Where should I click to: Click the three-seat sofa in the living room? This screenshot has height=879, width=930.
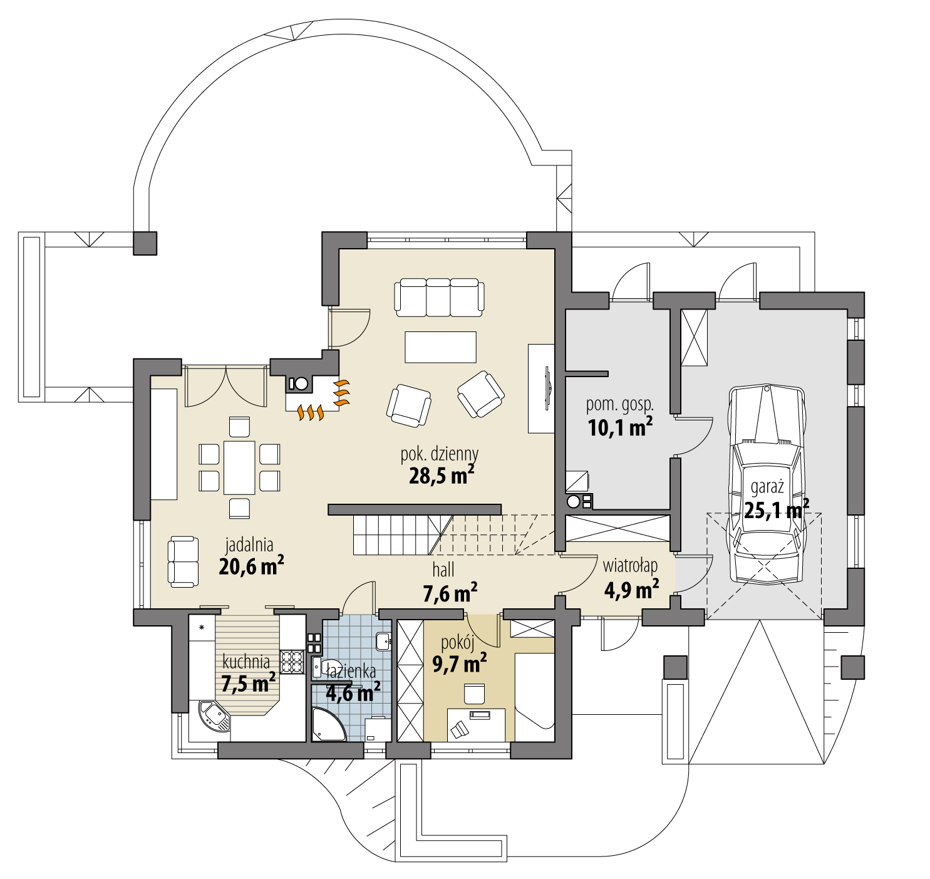439,297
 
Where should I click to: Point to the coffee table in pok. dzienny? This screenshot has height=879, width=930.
440,347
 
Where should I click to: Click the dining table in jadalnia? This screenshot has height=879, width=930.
239,467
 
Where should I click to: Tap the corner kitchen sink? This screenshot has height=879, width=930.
214,715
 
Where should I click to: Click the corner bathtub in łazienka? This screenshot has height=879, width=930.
327,725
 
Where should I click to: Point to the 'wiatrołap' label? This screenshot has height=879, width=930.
630,566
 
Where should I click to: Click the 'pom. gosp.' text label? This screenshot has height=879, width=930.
619,405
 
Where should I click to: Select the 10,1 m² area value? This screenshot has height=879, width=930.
620,427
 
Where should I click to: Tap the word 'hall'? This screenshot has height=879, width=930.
443,570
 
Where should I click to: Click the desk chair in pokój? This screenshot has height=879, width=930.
474,693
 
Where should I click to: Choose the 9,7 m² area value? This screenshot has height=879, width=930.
459,663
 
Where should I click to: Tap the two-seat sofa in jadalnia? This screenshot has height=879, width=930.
183,561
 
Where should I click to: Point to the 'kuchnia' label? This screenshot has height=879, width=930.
246,662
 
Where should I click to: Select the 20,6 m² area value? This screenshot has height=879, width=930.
251,566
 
